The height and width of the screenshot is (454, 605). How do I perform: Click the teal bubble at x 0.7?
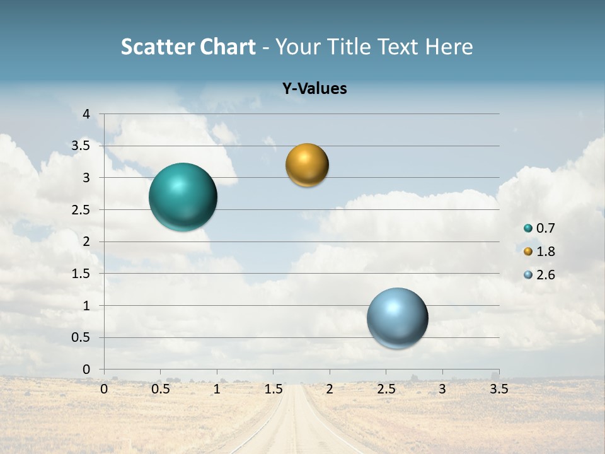tap(183, 197)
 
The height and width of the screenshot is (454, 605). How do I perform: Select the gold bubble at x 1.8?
tap(307, 165)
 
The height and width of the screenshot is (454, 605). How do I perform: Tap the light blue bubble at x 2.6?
tap(397, 318)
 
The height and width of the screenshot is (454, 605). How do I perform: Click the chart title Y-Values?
tap(314, 88)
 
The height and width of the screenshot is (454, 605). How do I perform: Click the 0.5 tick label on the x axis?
tap(161, 389)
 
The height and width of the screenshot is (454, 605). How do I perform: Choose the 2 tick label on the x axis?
tap(330, 389)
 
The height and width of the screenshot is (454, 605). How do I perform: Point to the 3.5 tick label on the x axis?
tap(498, 389)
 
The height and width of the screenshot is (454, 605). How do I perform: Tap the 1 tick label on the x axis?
tap(217, 389)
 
